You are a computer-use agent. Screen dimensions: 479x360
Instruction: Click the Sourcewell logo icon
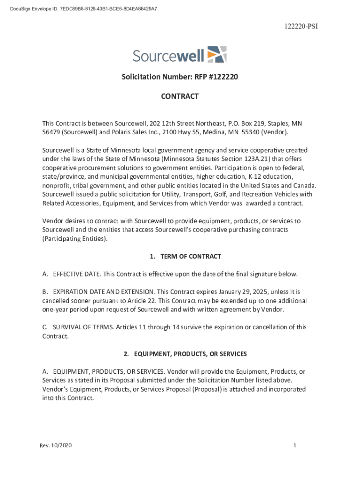[216, 54]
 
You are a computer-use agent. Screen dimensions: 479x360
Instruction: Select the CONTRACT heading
[180, 96]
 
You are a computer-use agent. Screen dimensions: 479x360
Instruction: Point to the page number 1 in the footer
[295, 445]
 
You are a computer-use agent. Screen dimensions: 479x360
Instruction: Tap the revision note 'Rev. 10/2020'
[56, 445]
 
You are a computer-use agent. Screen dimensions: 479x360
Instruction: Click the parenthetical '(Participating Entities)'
[75, 239]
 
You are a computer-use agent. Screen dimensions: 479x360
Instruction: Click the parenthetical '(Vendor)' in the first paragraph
[275, 133]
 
